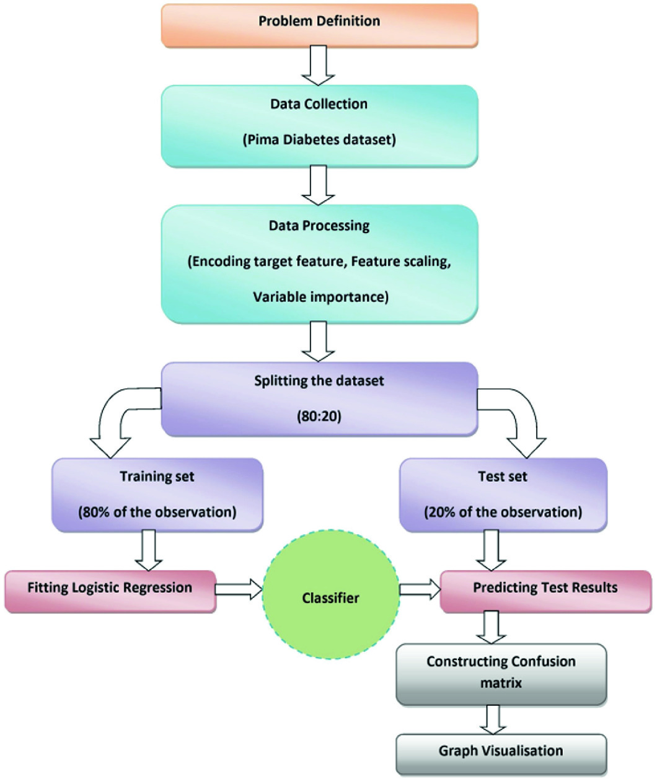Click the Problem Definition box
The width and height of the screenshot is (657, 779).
click(319, 25)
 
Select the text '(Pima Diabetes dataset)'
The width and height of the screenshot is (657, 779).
click(319, 139)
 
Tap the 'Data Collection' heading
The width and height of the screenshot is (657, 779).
click(319, 103)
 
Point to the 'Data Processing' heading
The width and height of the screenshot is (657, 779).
click(319, 226)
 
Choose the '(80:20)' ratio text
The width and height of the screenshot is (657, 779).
click(319, 416)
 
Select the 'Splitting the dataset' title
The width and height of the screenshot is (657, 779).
click(319, 381)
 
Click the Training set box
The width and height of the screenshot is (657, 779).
click(157, 495)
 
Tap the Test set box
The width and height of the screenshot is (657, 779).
click(503, 495)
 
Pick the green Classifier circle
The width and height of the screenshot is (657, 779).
click(330, 598)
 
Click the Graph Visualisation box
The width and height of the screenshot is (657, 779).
click(501, 752)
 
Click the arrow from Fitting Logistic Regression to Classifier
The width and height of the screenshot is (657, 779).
click(239, 589)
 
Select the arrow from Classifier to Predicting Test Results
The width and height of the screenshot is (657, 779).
click(419, 589)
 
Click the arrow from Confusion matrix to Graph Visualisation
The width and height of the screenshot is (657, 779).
click(492, 720)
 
